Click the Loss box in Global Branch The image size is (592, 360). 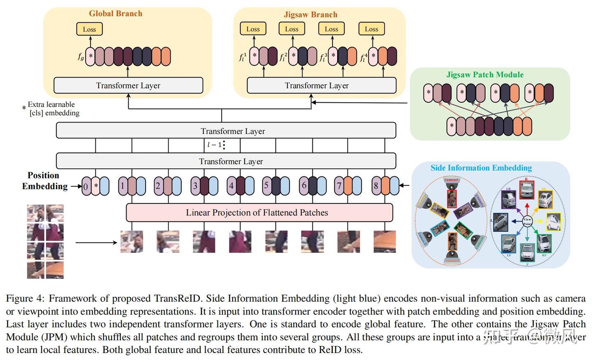click(x=89, y=29)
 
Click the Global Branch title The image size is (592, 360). click(x=116, y=14)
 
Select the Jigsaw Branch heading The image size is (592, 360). click(x=310, y=14)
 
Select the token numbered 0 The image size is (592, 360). click(x=86, y=186)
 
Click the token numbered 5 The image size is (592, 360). click(x=266, y=185)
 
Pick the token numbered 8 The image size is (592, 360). click(x=376, y=186)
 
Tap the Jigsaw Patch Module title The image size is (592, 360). click(x=485, y=75)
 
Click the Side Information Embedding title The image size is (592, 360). click(x=481, y=168)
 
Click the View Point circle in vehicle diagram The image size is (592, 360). click(x=527, y=222)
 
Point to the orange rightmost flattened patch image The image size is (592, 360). click(x=384, y=241)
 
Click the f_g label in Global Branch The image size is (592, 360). click(x=81, y=57)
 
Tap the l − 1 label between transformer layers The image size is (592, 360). click(x=214, y=145)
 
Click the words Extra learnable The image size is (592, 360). click(x=51, y=104)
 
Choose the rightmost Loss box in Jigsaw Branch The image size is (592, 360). click(x=371, y=29)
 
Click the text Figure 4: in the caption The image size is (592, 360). click(x=25, y=298)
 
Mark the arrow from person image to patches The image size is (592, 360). click(x=96, y=242)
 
